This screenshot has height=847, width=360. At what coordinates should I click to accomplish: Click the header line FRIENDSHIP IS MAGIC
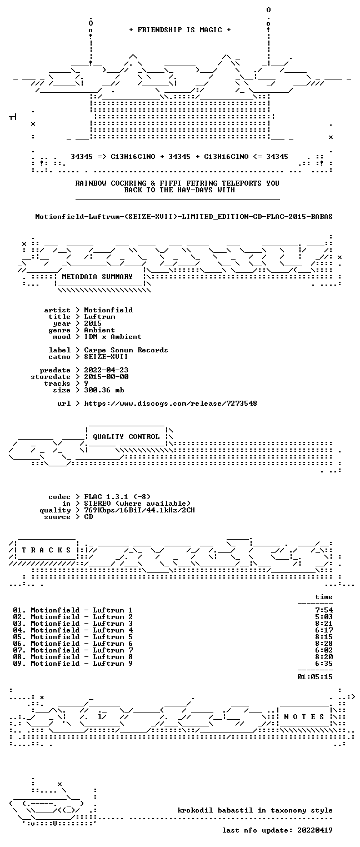[x=179, y=30]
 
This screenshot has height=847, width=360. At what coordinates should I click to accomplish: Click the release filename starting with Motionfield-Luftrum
[x=184, y=217]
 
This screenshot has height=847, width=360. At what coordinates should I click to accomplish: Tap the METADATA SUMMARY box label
[x=97, y=277]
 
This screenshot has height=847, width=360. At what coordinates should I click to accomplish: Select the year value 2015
[x=93, y=323]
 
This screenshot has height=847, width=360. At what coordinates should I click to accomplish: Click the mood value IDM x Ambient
[x=113, y=337]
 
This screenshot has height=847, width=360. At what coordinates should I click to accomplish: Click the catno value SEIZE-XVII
[x=106, y=357]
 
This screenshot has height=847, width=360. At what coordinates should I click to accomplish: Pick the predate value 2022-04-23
[x=106, y=370]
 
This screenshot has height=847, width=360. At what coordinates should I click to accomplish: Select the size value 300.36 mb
[x=104, y=390]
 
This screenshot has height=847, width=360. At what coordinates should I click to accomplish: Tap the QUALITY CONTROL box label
[x=126, y=437]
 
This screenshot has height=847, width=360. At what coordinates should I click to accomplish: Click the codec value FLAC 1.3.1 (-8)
[x=117, y=497]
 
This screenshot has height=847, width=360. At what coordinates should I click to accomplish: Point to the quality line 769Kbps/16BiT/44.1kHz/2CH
[x=139, y=510]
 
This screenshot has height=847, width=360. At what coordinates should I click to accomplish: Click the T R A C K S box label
[x=47, y=550]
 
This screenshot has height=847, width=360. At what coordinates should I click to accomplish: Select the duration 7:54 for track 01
[x=324, y=610]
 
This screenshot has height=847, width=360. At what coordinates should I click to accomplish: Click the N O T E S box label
[x=304, y=717]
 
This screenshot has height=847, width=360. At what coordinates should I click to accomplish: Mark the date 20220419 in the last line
[x=315, y=830]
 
